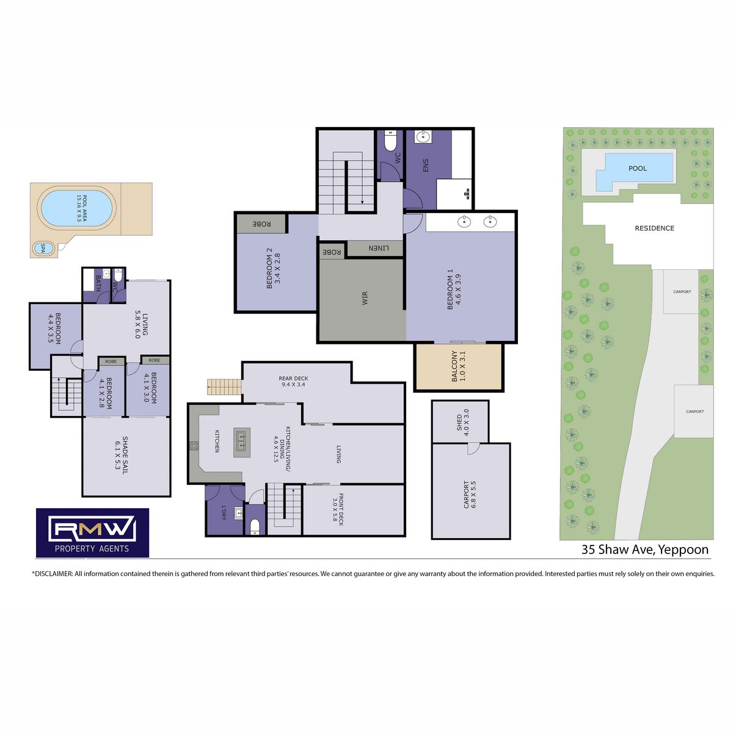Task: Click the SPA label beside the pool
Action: [43, 249]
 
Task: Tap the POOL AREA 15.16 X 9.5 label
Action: [82, 208]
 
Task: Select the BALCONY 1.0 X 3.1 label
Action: [458, 366]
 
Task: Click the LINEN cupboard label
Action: [379, 249]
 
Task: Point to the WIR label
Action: [365, 298]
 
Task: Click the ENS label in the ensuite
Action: [426, 165]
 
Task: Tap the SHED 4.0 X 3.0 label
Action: [463, 422]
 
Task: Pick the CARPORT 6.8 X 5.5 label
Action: [470, 495]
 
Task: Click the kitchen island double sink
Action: [241, 442]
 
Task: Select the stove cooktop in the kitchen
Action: [194, 445]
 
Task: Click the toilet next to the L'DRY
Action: [255, 527]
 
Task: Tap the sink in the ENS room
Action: [422, 137]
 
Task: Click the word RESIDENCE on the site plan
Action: [654, 228]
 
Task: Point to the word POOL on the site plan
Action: [638, 168]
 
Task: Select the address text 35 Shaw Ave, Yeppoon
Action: [645, 550]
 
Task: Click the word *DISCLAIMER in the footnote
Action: [52, 574]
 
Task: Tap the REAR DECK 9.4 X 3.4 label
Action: [293, 381]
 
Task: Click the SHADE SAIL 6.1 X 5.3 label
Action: [122, 455]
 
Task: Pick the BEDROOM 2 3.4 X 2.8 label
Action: [273, 268]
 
